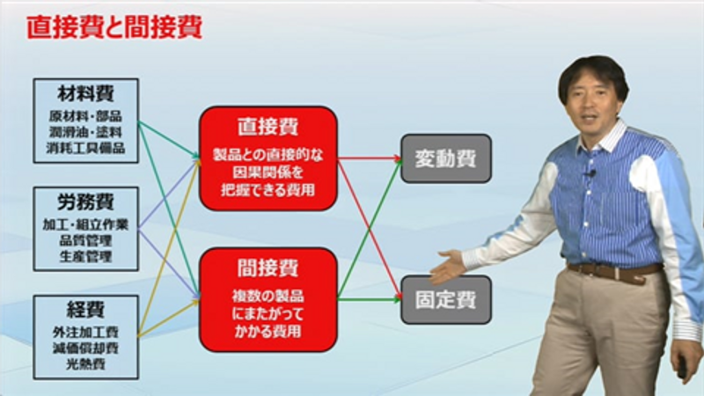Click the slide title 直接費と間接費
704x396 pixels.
(114, 28)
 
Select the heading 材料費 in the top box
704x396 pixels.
(85, 94)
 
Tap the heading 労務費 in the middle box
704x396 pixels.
(85, 202)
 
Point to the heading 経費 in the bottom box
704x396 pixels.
(85, 310)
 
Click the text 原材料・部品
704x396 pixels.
(85, 116)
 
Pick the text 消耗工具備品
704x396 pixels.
(85, 148)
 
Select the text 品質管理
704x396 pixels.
(85, 240)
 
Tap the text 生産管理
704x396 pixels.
(85, 257)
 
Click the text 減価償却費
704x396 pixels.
(85, 348)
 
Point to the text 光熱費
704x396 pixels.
(85, 364)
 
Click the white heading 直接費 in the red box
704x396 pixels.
(268, 127)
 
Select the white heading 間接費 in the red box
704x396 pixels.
(268, 268)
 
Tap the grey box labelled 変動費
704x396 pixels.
(446, 158)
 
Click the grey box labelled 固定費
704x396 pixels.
(446, 300)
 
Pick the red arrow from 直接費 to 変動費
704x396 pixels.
(369, 158)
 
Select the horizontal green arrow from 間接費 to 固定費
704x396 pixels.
(369, 299)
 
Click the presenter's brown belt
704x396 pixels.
(615, 271)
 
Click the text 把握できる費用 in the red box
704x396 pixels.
(268, 190)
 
